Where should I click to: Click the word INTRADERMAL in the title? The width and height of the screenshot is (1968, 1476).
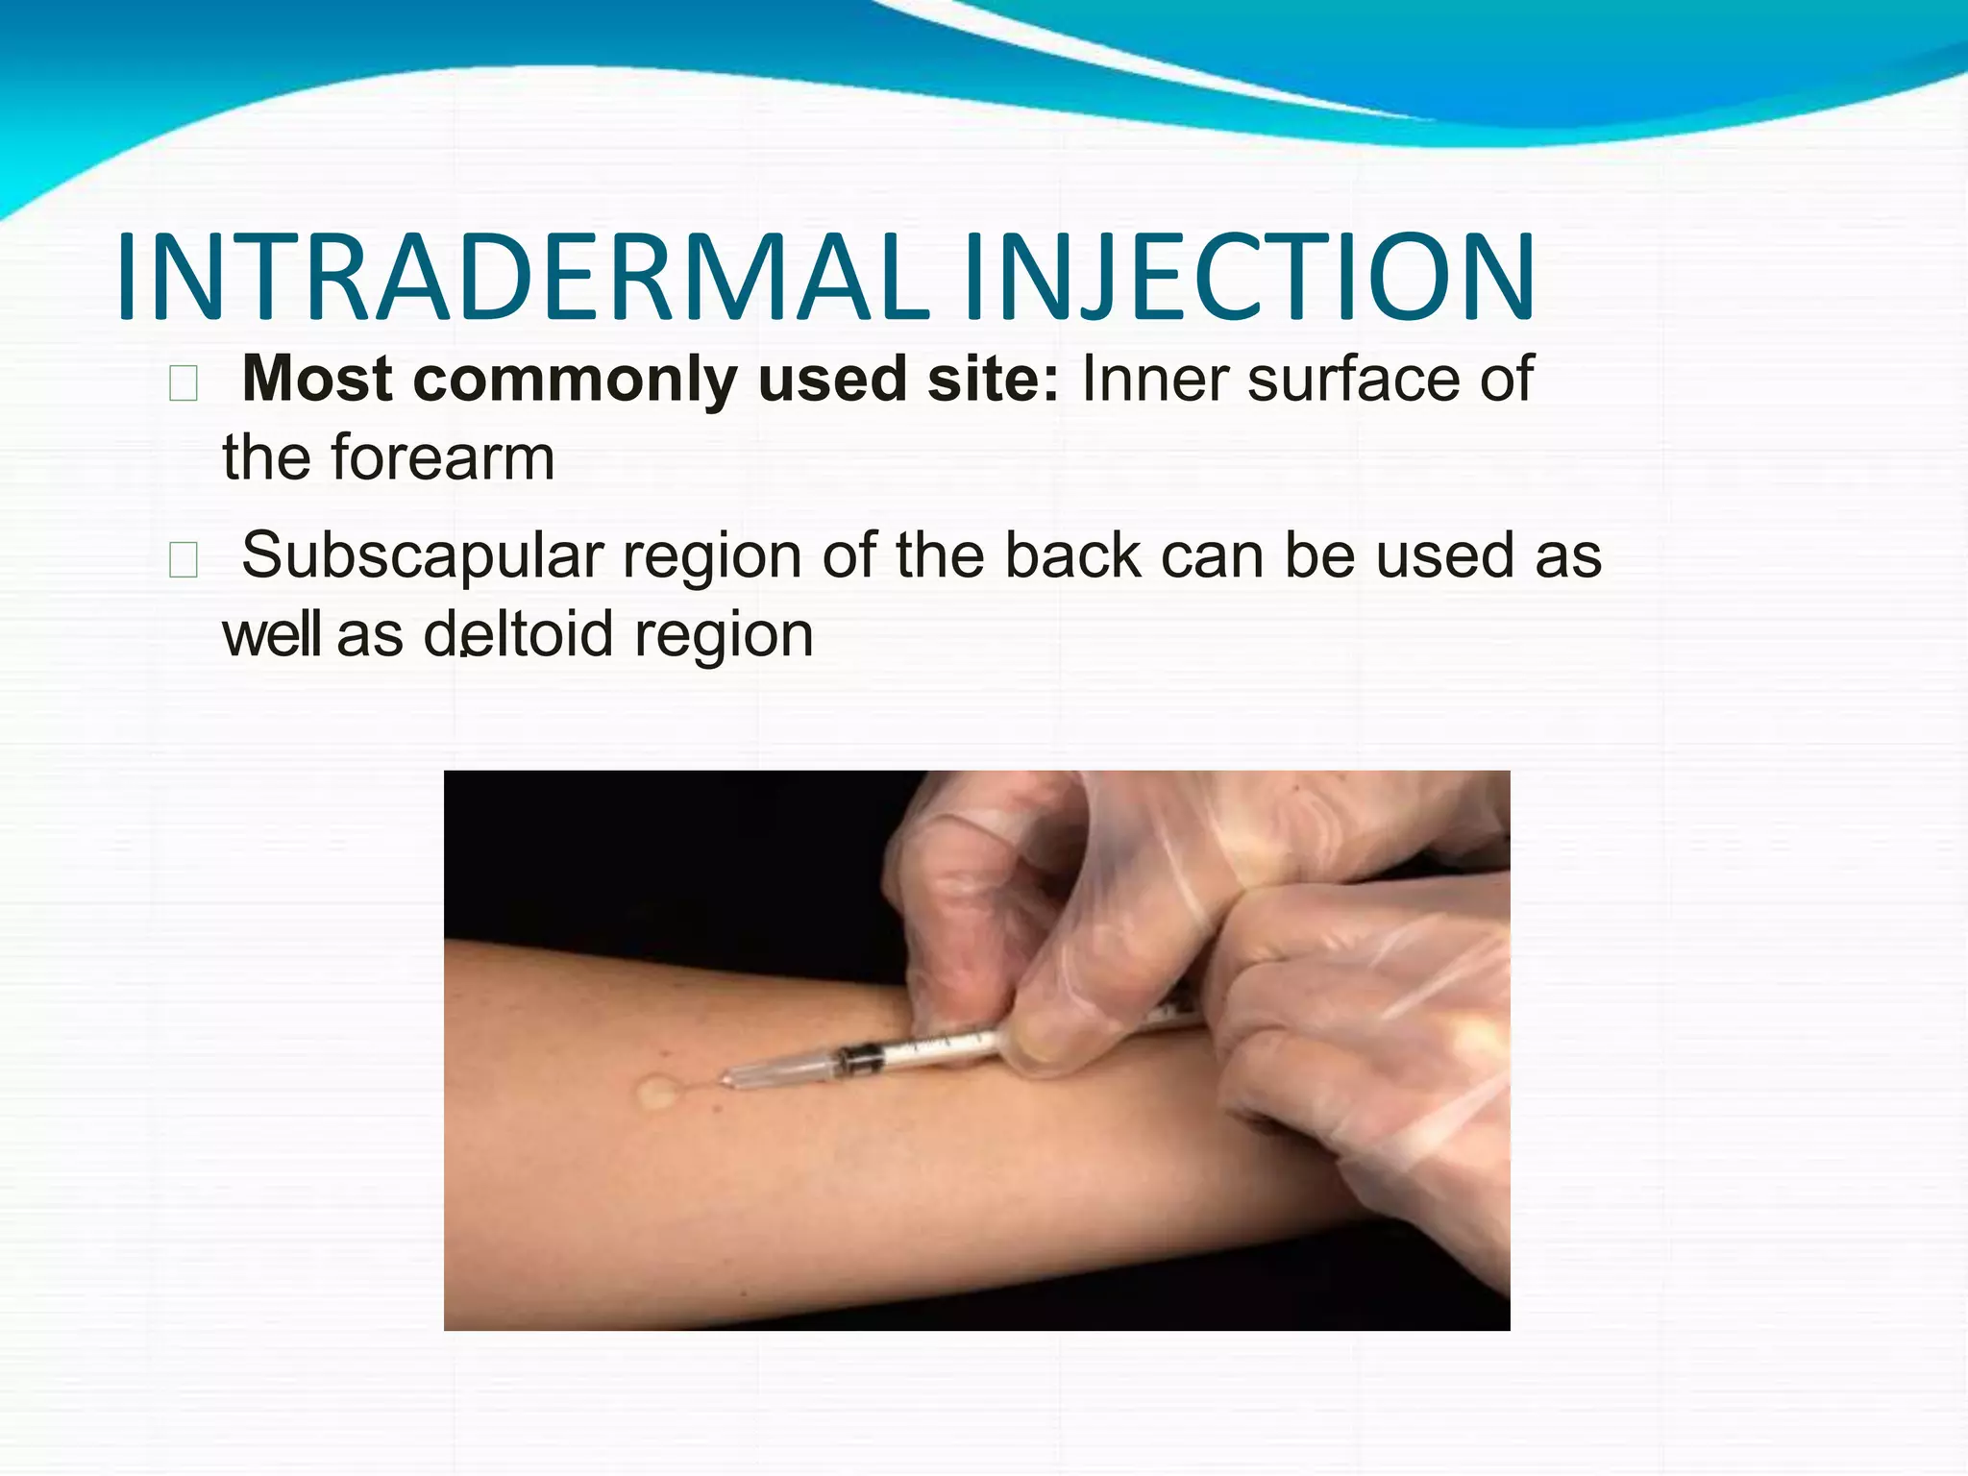click(524, 279)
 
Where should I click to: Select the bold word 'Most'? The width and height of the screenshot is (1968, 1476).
click(317, 379)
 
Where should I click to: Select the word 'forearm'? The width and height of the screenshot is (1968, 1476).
click(443, 457)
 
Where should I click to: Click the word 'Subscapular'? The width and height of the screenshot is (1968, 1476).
click(423, 557)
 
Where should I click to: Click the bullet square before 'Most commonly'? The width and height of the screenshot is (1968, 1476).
click(183, 383)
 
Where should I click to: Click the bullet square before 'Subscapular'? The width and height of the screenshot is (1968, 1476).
click(183, 559)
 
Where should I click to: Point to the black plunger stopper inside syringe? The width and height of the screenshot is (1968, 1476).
click(861, 1060)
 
